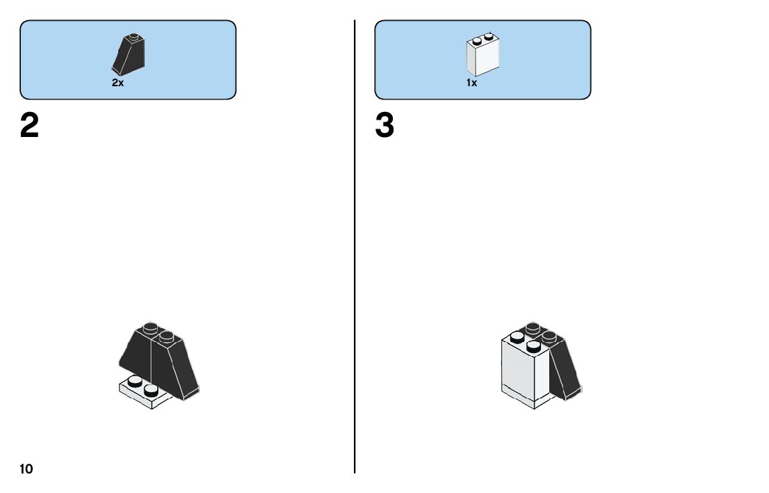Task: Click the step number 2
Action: coord(30,126)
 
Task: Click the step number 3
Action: coord(384,126)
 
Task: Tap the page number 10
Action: coord(26,469)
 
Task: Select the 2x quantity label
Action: coord(118,82)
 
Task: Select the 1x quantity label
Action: coord(471,82)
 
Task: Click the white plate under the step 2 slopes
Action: coord(139,397)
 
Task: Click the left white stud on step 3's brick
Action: coord(517,338)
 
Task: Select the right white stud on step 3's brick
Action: coord(534,346)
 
